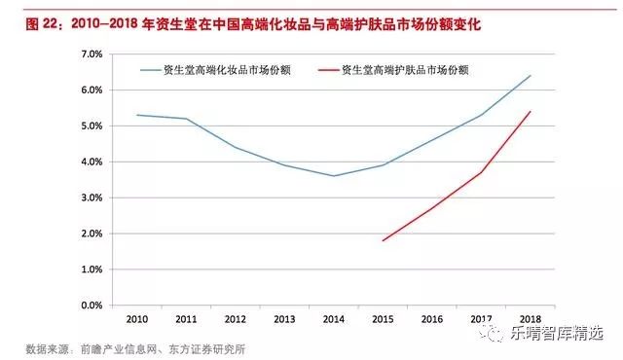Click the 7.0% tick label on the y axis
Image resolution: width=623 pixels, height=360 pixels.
pyautogui.click(x=91, y=54)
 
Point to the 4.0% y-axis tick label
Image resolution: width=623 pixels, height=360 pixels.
pyautogui.click(x=91, y=162)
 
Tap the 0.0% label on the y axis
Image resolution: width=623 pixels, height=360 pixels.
pyautogui.click(x=91, y=306)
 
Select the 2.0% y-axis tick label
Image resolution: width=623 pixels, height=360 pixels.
pyautogui.click(x=91, y=234)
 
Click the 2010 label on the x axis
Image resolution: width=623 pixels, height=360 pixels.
pyautogui.click(x=136, y=318)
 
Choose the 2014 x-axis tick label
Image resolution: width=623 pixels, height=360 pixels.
pyautogui.click(x=333, y=318)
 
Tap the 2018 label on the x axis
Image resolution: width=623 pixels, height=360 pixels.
pyautogui.click(x=530, y=318)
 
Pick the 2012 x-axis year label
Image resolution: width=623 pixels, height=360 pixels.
pyautogui.click(x=235, y=318)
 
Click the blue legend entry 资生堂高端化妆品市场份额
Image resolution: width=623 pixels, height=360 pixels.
pyautogui.click(x=229, y=70)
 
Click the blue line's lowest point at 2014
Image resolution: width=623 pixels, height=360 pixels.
pyautogui.click(x=334, y=176)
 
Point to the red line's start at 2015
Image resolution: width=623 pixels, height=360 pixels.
pyautogui.click(x=383, y=240)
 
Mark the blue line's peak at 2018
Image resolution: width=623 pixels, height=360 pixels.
pyautogui.click(x=530, y=76)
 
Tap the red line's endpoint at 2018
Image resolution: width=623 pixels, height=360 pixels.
pyautogui.click(x=530, y=112)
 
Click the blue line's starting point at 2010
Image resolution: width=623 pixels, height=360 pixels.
pyautogui.click(x=137, y=115)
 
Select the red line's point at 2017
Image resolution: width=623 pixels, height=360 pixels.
pyautogui.click(x=481, y=172)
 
